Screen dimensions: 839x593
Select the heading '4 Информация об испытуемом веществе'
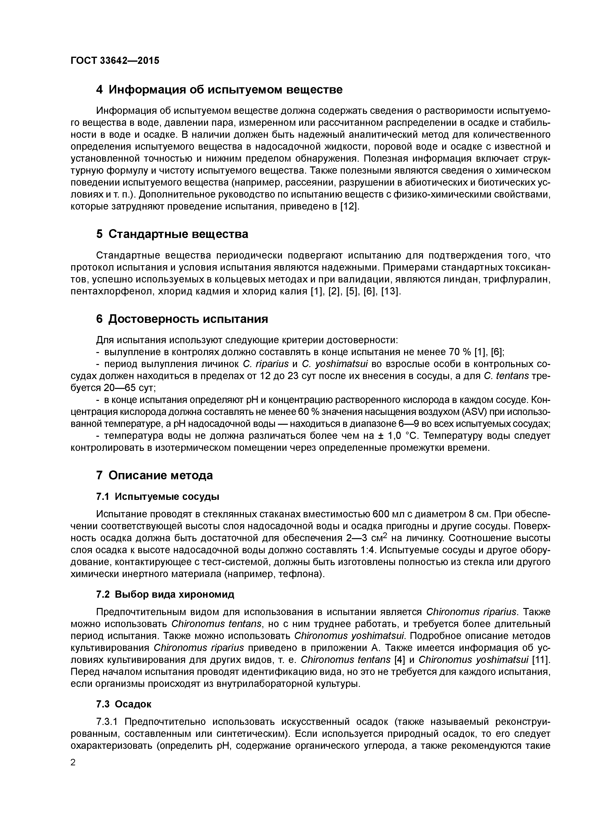click(219, 89)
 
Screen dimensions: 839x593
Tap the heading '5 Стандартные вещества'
click(172, 234)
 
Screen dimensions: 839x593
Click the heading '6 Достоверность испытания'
click(182, 319)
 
